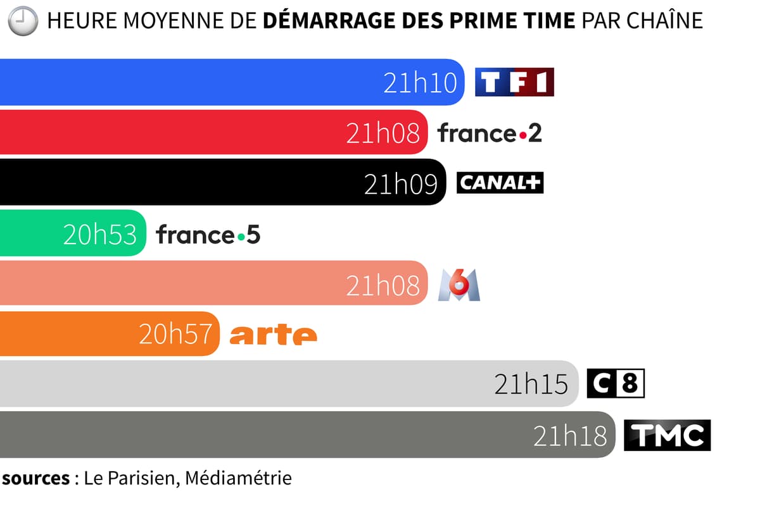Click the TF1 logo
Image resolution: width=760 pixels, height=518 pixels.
pyautogui.click(x=514, y=82)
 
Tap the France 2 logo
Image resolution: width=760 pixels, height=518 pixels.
pyautogui.click(x=490, y=133)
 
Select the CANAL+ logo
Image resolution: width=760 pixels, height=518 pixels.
pyautogui.click(x=500, y=183)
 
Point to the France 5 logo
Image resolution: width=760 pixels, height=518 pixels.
pyautogui.click(x=208, y=235)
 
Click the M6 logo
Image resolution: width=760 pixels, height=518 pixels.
pyautogui.click(x=459, y=285)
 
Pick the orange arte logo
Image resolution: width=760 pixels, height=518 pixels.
pyautogui.click(x=273, y=335)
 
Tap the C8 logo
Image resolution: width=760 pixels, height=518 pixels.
pyautogui.click(x=615, y=384)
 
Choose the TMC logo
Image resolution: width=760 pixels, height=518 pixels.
pyautogui.click(x=667, y=435)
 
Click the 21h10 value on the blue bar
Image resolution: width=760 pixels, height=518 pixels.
pyautogui.click(x=420, y=83)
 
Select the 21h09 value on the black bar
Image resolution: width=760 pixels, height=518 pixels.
pyautogui.click(x=401, y=183)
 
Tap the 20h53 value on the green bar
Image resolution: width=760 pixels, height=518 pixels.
pyautogui.click(x=99, y=235)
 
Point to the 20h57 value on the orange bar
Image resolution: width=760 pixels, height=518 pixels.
pyautogui.click(x=175, y=335)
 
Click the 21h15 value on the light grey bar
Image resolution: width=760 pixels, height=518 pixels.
pyautogui.click(x=531, y=385)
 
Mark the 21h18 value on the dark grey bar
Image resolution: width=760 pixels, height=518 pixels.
pyautogui.click(x=570, y=435)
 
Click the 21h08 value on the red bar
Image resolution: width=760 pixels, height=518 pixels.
pyautogui.click(x=383, y=133)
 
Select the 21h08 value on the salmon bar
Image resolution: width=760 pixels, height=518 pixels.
pyautogui.click(x=383, y=285)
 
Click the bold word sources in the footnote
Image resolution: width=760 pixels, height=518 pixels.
pyautogui.click(x=35, y=478)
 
